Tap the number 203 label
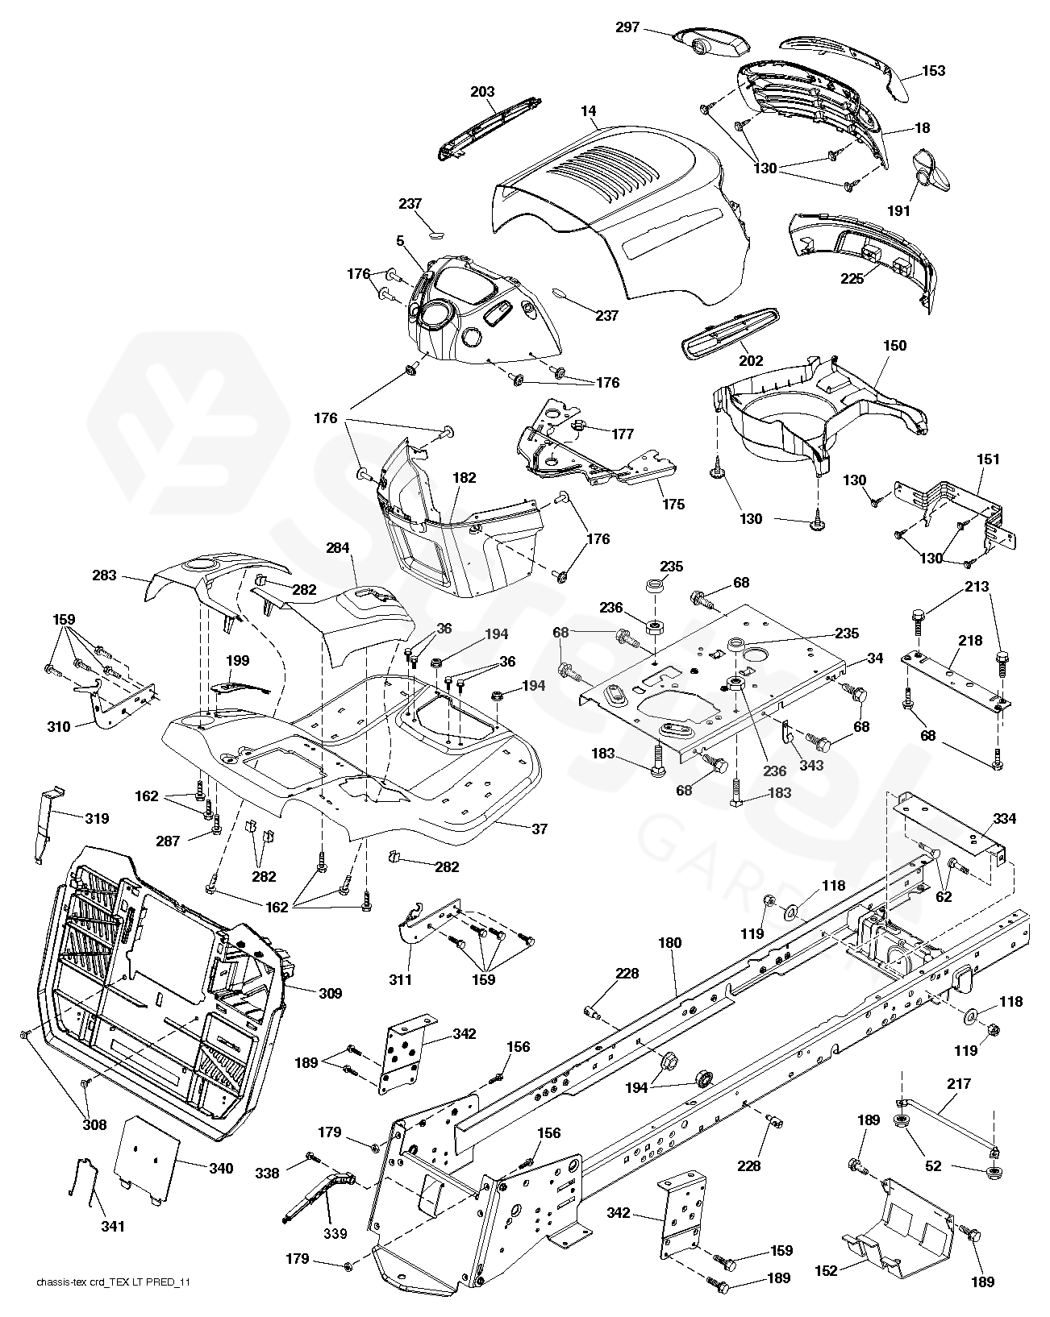tap(482, 92)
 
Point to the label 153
tap(933, 70)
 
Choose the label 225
tap(852, 279)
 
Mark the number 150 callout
tap(895, 346)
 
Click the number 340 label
tap(219, 1168)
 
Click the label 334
tap(1005, 819)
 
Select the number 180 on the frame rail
tap(669, 943)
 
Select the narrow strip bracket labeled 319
tap(46, 822)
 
